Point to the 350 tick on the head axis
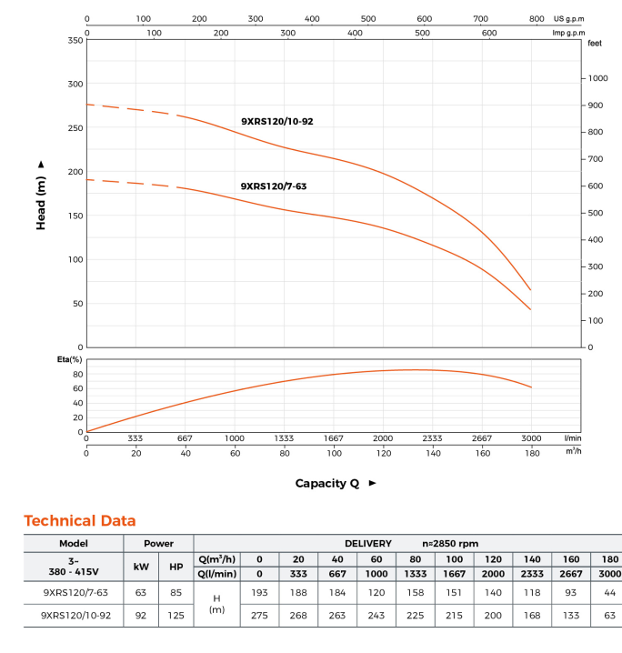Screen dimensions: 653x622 click(x=75, y=40)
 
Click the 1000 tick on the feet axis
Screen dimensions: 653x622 click(x=597, y=78)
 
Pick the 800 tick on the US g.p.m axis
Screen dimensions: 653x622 click(x=537, y=18)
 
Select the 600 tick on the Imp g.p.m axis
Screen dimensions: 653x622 click(x=489, y=33)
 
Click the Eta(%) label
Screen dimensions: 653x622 click(x=70, y=360)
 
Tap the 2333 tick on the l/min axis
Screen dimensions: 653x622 click(x=432, y=438)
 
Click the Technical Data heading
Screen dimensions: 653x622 click(x=80, y=521)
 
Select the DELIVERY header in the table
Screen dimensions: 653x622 click(x=368, y=543)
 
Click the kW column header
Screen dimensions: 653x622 click(x=141, y=566)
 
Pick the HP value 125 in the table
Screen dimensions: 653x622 click(x=176, y=615)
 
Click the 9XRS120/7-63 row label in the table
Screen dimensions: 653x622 click(x=75, y=592)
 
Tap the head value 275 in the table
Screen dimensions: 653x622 click(x=259, y=615)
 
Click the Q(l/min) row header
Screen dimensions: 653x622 click(x=216, y=573)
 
